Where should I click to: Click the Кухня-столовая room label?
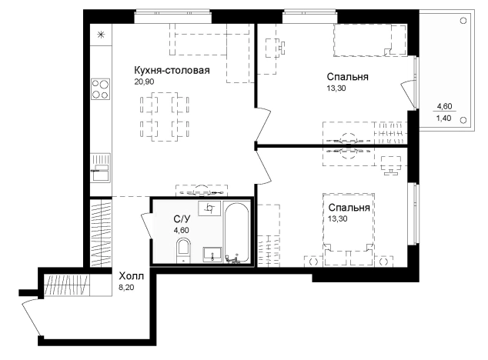tap(172, 71)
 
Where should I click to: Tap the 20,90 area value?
tap(144, 82)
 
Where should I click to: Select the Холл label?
tap(132, 276)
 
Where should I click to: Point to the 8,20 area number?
tap(126, 287)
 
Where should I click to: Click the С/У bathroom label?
tap(182, 219)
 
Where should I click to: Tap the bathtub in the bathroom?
tap(237, 233)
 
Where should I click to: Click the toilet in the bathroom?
tap(183, 250)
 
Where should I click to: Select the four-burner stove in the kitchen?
tap(100, 89)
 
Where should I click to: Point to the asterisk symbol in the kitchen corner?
tap(101, 35)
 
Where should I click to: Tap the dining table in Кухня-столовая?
tap(165, 116)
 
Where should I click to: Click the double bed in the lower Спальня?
tap(349, 230)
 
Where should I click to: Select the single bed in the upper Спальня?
tap(370, 41)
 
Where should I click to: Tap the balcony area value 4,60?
tap(444, 106)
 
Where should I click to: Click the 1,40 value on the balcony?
tap(444, 118)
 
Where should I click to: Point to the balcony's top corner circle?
tap(463, 21)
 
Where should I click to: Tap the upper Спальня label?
tap(348, 77)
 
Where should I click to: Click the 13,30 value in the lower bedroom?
tap(338, 218)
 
